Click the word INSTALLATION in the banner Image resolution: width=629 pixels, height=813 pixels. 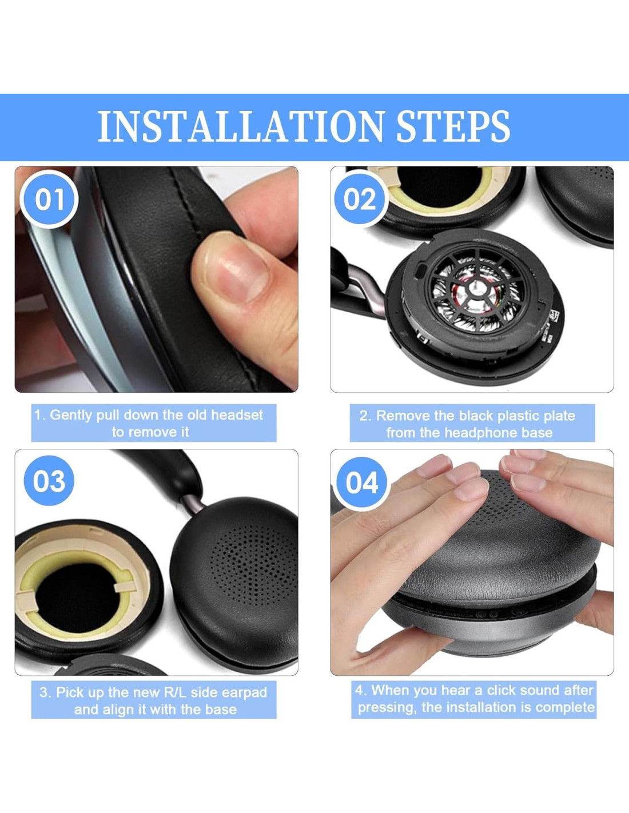241,126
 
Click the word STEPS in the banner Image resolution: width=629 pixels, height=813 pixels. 453,126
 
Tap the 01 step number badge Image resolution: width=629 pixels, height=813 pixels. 49,199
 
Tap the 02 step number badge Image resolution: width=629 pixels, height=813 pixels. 360,199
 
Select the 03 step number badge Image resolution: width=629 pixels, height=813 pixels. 49,481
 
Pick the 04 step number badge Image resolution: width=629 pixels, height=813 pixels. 361,483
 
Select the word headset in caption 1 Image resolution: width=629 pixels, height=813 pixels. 237,415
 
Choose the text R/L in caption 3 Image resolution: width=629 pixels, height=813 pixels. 176,692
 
